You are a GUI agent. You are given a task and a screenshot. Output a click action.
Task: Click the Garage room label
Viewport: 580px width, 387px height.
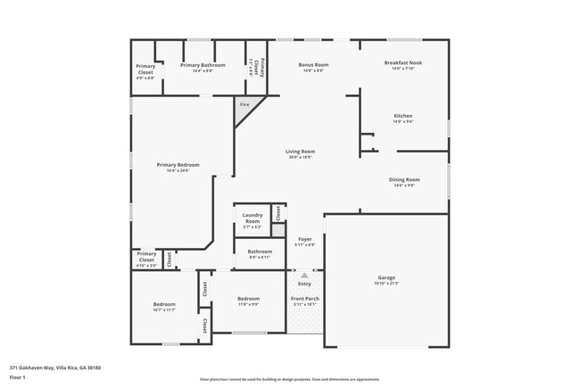[x=386, y=277]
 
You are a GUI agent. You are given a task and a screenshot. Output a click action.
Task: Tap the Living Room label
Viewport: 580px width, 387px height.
[x=300, y=152]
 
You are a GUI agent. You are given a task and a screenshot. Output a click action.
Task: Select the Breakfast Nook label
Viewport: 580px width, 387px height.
[x=403, y=63]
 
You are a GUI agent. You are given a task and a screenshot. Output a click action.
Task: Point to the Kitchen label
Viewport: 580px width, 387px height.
[x=403, y=116]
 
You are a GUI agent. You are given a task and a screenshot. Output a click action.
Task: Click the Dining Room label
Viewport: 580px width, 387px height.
[x=403, y=179]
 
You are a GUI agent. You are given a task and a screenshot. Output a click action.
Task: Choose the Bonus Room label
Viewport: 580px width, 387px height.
[x=313, y=65]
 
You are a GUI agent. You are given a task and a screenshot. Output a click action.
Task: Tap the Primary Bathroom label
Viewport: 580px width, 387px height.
[x=203, y=65]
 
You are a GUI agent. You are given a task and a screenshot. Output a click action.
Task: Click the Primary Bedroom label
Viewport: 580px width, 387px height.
[x=178, y=165]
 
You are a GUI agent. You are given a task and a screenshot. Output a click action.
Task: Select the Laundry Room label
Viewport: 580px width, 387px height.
[x=253, y=218]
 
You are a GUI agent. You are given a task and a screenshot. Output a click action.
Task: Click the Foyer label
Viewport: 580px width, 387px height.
[x=304, y=240]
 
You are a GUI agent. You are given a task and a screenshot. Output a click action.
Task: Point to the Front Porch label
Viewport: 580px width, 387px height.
[x=304, y=299]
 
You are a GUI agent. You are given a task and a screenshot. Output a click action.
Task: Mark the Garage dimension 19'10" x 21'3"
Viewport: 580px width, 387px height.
[x=386, y=284]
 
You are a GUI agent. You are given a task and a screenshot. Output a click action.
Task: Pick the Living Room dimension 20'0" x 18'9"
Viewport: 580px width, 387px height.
[x=300, y=157]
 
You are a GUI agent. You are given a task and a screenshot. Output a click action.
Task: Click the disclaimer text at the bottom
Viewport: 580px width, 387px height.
[x=289, y=379]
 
